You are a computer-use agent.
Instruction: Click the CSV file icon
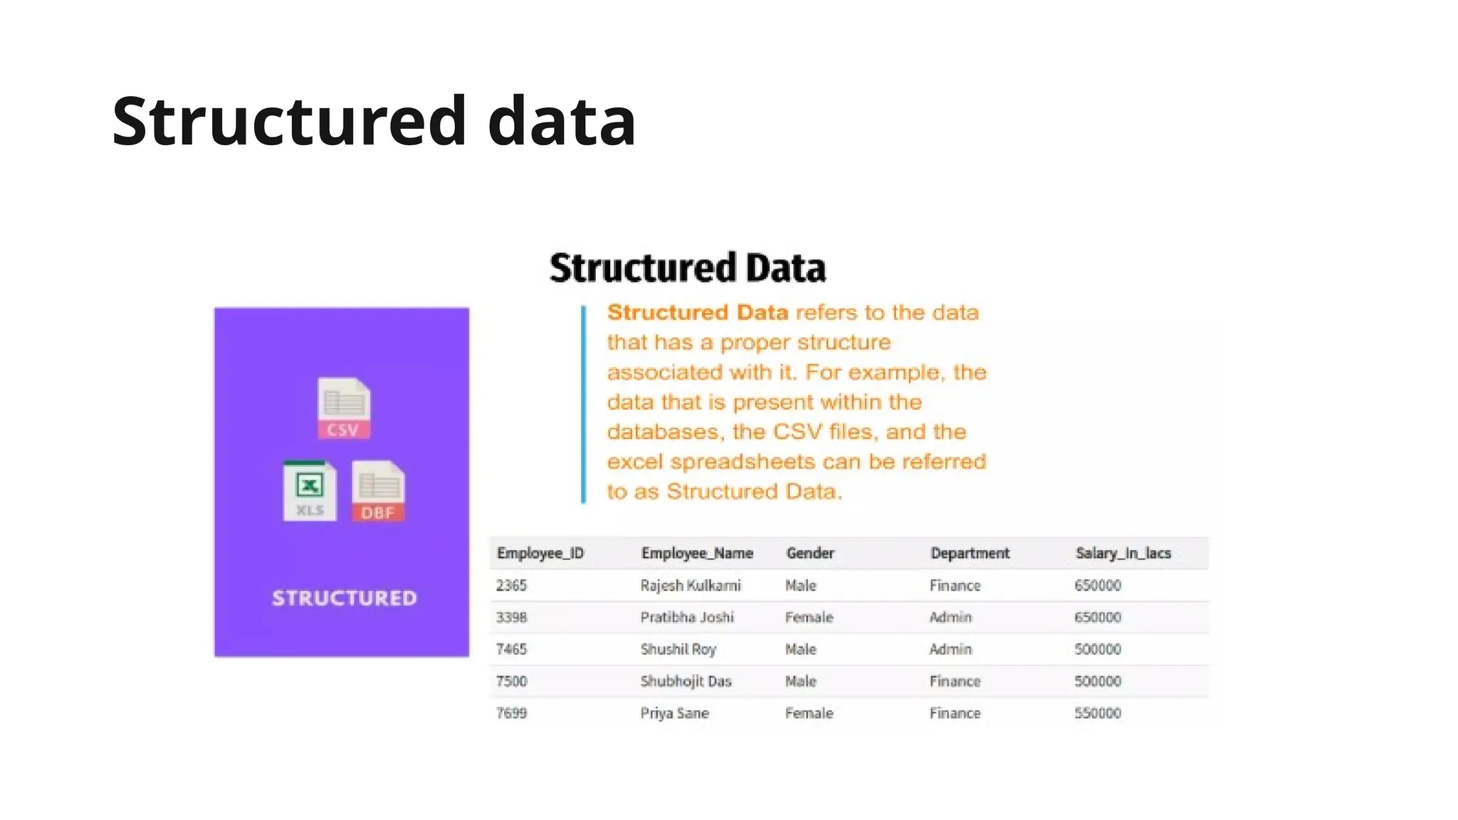[x=344, y=408]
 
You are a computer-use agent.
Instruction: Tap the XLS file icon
[x=310, y=491]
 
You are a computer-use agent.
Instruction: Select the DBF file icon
[x=378, y=492]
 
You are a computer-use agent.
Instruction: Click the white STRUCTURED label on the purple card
[x=345, y=598]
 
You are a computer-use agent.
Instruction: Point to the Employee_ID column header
[x=540, y=553]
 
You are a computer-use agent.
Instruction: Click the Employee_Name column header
[x=697, y=553]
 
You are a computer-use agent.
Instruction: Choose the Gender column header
[x=810, y=553]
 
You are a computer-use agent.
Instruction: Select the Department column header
[x=970, y=553]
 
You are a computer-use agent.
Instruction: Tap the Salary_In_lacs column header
[x=1123, y=553]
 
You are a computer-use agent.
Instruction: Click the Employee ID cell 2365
[x=511, y=585]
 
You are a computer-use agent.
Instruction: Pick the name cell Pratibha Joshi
[x=686, y=617]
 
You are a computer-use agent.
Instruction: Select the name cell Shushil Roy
[x=678, y=649]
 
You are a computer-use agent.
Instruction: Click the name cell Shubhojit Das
[x=686, y=681]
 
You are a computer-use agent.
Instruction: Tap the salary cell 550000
[x=1097, y=713]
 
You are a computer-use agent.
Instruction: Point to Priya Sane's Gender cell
[x=809, y=713]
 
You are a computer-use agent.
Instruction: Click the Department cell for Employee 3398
[x=950, y=617]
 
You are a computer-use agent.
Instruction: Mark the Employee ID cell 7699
[x=511, y=713]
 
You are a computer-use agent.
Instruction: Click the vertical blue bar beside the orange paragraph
[x=584, y=404]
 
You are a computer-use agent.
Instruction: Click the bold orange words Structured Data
[x=697, y=312]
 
